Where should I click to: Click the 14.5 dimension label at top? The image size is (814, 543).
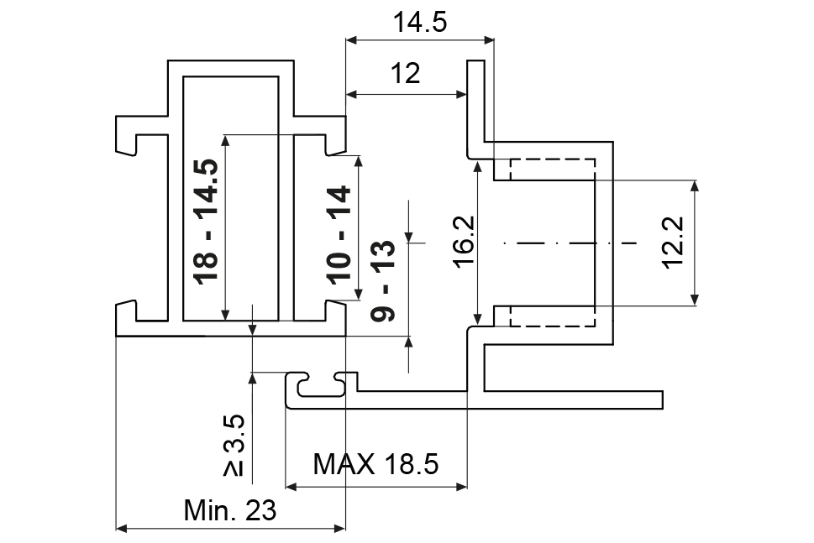coord(420,23)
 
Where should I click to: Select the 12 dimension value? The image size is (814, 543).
coord(405,73)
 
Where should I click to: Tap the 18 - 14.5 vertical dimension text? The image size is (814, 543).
coord(206,222)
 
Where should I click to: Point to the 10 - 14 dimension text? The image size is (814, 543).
coord(339,234)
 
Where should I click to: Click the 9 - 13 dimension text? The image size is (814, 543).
coord(383,280)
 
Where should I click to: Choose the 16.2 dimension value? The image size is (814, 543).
coord(464,242)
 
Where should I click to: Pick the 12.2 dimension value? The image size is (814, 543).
coord(674,243)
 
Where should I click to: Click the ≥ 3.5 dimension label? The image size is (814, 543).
coord(234,445)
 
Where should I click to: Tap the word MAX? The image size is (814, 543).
coord(344,463)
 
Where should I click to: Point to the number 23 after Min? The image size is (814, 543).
coord(260,510)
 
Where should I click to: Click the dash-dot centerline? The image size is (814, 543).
coord(570,243)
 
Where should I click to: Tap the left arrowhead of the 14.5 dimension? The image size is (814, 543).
coord(352,39)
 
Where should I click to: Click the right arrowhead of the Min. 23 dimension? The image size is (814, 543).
coord(339,529)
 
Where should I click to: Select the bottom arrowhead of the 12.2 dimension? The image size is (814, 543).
coord(695,300)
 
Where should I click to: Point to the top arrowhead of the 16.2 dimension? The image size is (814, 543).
coord(477,166)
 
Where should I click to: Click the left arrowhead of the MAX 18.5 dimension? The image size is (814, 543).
coord(291,487)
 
